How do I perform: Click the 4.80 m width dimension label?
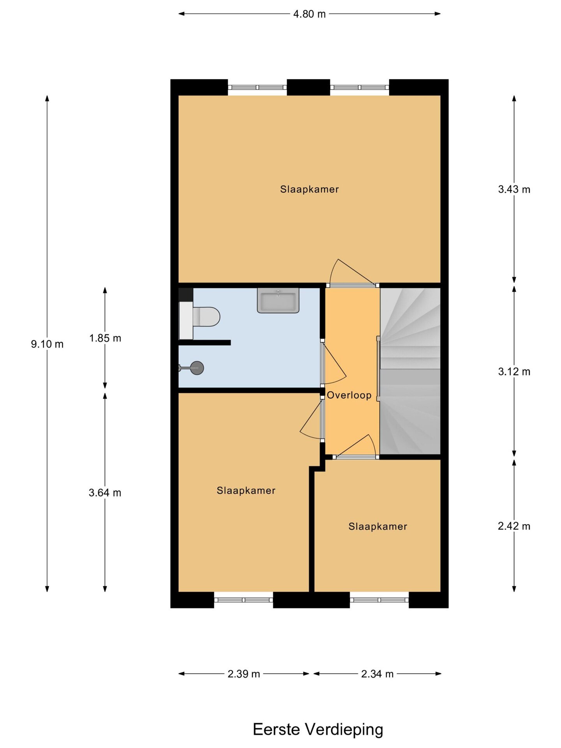click(309, 14)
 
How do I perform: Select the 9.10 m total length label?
click(47, 344)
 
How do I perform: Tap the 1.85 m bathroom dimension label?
click(105, 338)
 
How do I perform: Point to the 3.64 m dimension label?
click(105, 493)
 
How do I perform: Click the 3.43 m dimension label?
click(514, 189)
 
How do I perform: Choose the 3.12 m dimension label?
click(514, 372)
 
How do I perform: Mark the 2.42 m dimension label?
click(514, 526)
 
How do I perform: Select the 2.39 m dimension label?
click(244, 674)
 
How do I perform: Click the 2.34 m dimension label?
click(377, 674)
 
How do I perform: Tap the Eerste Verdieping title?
click(318, 730)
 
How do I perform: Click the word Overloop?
click(349, 395)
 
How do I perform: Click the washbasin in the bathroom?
click(278, 300)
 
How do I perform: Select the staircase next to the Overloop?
click(410, 371)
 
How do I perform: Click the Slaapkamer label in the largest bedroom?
click(309, 189)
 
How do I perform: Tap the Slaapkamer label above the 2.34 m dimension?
click(378, 527)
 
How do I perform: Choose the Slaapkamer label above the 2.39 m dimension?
click(246, 491)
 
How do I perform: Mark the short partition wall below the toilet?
click(205, 343)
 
